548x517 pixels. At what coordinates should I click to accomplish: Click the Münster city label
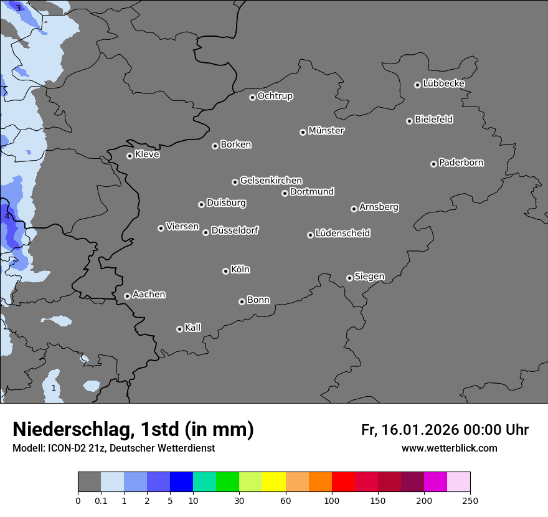[x=326, y=131]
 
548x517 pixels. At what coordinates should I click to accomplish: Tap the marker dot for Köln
[x=225, y=271]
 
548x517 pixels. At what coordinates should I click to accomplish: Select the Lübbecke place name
[x=443, y=83]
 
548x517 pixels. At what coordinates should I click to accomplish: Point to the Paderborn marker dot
[x=433, y=164]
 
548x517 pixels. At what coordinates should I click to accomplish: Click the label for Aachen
[x=149, y=295]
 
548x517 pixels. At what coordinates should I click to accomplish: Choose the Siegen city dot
[x=349, y=278]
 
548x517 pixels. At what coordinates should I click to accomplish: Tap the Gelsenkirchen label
[x=271, y=181]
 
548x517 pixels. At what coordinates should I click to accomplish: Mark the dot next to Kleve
[x=130, y=156]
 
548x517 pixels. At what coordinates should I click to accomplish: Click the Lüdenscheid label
[x=342, y=234]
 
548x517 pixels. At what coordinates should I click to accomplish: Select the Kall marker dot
[x=179, y=329]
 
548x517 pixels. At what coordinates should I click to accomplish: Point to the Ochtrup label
[x=275, y=96]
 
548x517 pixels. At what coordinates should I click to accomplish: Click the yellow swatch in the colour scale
[x=274, y=482]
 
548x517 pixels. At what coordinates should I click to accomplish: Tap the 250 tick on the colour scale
[x=470, y=500]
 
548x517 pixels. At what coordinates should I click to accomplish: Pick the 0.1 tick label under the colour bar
[x=101, y=500]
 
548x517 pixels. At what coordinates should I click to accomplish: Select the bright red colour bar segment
[x=343, y=482]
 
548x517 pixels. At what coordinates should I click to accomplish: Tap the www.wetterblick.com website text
[x=449, y=448]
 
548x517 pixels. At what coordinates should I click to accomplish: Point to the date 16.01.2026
[x=418, y=430]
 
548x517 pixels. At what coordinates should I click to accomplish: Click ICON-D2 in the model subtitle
[x=65, y=448]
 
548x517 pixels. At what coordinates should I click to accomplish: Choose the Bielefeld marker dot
[x=409, y=121]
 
